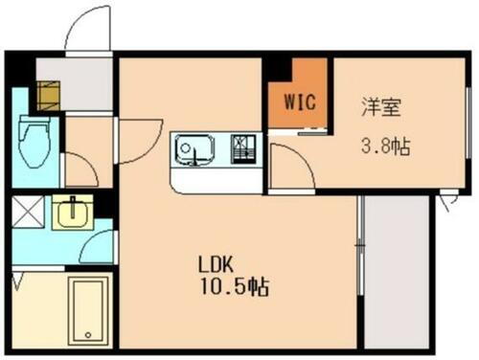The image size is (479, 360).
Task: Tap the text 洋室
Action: pos(376,106)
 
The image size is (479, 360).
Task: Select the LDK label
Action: pos(217,264)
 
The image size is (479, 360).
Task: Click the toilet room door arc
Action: pos(81,170)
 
